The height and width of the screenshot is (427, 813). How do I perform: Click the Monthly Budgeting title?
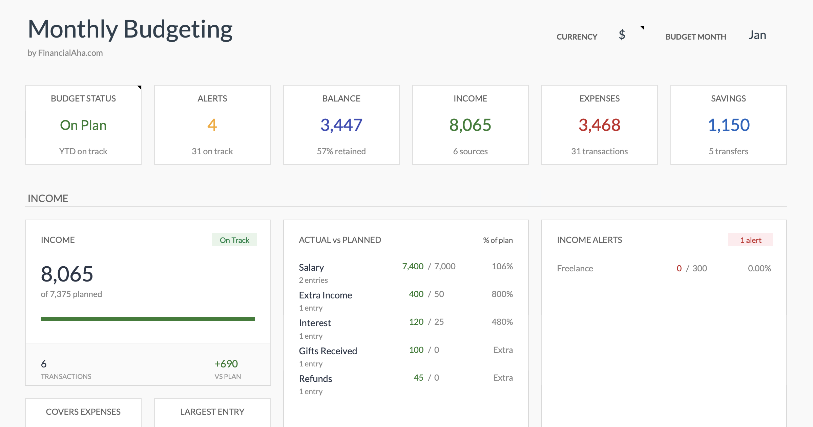pos(130,30)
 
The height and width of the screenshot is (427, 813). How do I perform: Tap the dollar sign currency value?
pos(622,35)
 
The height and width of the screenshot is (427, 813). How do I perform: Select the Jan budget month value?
pos(757,35)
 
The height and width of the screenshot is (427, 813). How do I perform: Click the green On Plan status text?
pos(83,125)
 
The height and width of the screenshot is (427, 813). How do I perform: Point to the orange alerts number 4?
pos(212,125)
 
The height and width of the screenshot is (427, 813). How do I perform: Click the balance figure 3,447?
pos(341,125)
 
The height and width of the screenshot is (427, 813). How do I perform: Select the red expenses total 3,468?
pos(599,125)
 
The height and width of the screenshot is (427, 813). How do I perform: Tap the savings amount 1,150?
pos(728,125)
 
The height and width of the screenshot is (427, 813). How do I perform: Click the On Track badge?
pos(234,240)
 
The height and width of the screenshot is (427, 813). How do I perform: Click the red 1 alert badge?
pos(751,240)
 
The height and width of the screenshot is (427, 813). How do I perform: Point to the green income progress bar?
pos(148,318)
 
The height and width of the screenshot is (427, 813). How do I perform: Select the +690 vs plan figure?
pos(226,364)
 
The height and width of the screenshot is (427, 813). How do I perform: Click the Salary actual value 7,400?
pos(413,266)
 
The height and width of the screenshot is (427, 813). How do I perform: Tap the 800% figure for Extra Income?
pos(502,294)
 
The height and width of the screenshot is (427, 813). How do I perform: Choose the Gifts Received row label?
pos(328,351)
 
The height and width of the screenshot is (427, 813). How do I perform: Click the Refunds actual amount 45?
pos(418,378)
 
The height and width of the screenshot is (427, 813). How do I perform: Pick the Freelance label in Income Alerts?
pos(575,268)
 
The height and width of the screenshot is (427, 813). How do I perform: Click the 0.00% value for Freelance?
pos(759,268)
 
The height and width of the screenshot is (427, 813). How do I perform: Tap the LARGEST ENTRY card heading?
pos(212,412)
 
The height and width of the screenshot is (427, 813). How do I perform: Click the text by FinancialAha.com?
pos(65,53)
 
